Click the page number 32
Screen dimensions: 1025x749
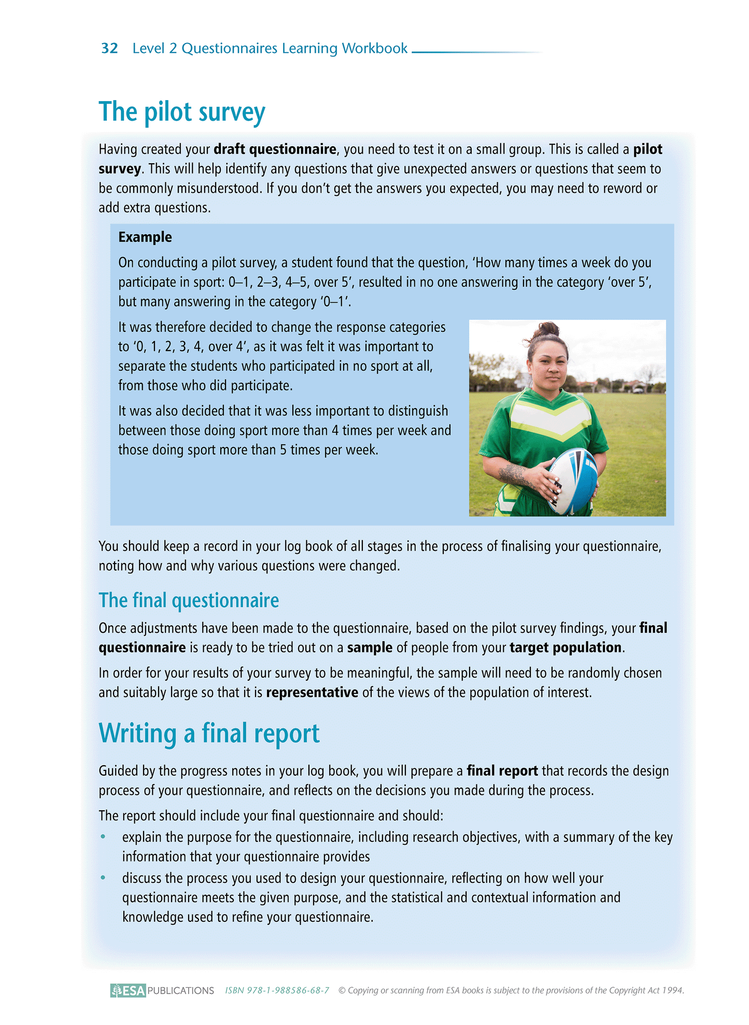click(109, 48)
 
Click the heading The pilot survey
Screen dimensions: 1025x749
click(181, 112)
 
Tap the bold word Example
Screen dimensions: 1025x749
click(145, 237)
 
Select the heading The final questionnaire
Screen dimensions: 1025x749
click(189, 600)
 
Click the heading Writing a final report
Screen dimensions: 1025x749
click(209, 734)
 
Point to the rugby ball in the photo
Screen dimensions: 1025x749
click(573, 480)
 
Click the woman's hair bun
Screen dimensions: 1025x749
click(548, 329)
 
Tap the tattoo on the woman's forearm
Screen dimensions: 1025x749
click(514, 474)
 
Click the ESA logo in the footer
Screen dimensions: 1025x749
click(128, 990)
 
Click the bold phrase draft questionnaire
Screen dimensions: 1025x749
click(275, 149)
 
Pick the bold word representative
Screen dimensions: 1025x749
click(312, 693)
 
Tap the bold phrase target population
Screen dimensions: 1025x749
click(566, 648)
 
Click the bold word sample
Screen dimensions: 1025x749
click(370, 648)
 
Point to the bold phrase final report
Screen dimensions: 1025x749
click(502, 771)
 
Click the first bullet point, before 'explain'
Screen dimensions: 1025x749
click(103, 837)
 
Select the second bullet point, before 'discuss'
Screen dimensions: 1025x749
click(103, 878)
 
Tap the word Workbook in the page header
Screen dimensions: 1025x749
click(375, 48)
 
